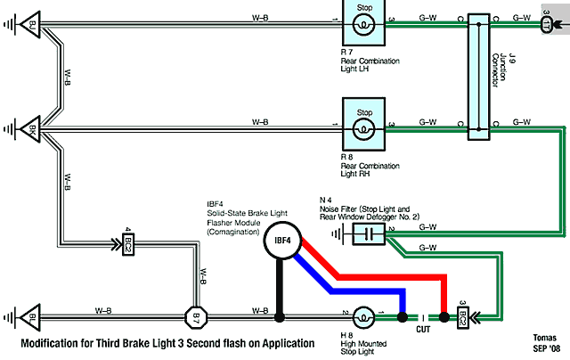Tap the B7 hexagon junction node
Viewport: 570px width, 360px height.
[x=195, y=315]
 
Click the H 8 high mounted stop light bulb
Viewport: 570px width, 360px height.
[x=363, y=315]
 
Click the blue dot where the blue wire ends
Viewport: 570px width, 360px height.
[x=402, y=315]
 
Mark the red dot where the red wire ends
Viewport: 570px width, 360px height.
[x=444, y=315]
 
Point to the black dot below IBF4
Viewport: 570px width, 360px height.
[x=280, y=315]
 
